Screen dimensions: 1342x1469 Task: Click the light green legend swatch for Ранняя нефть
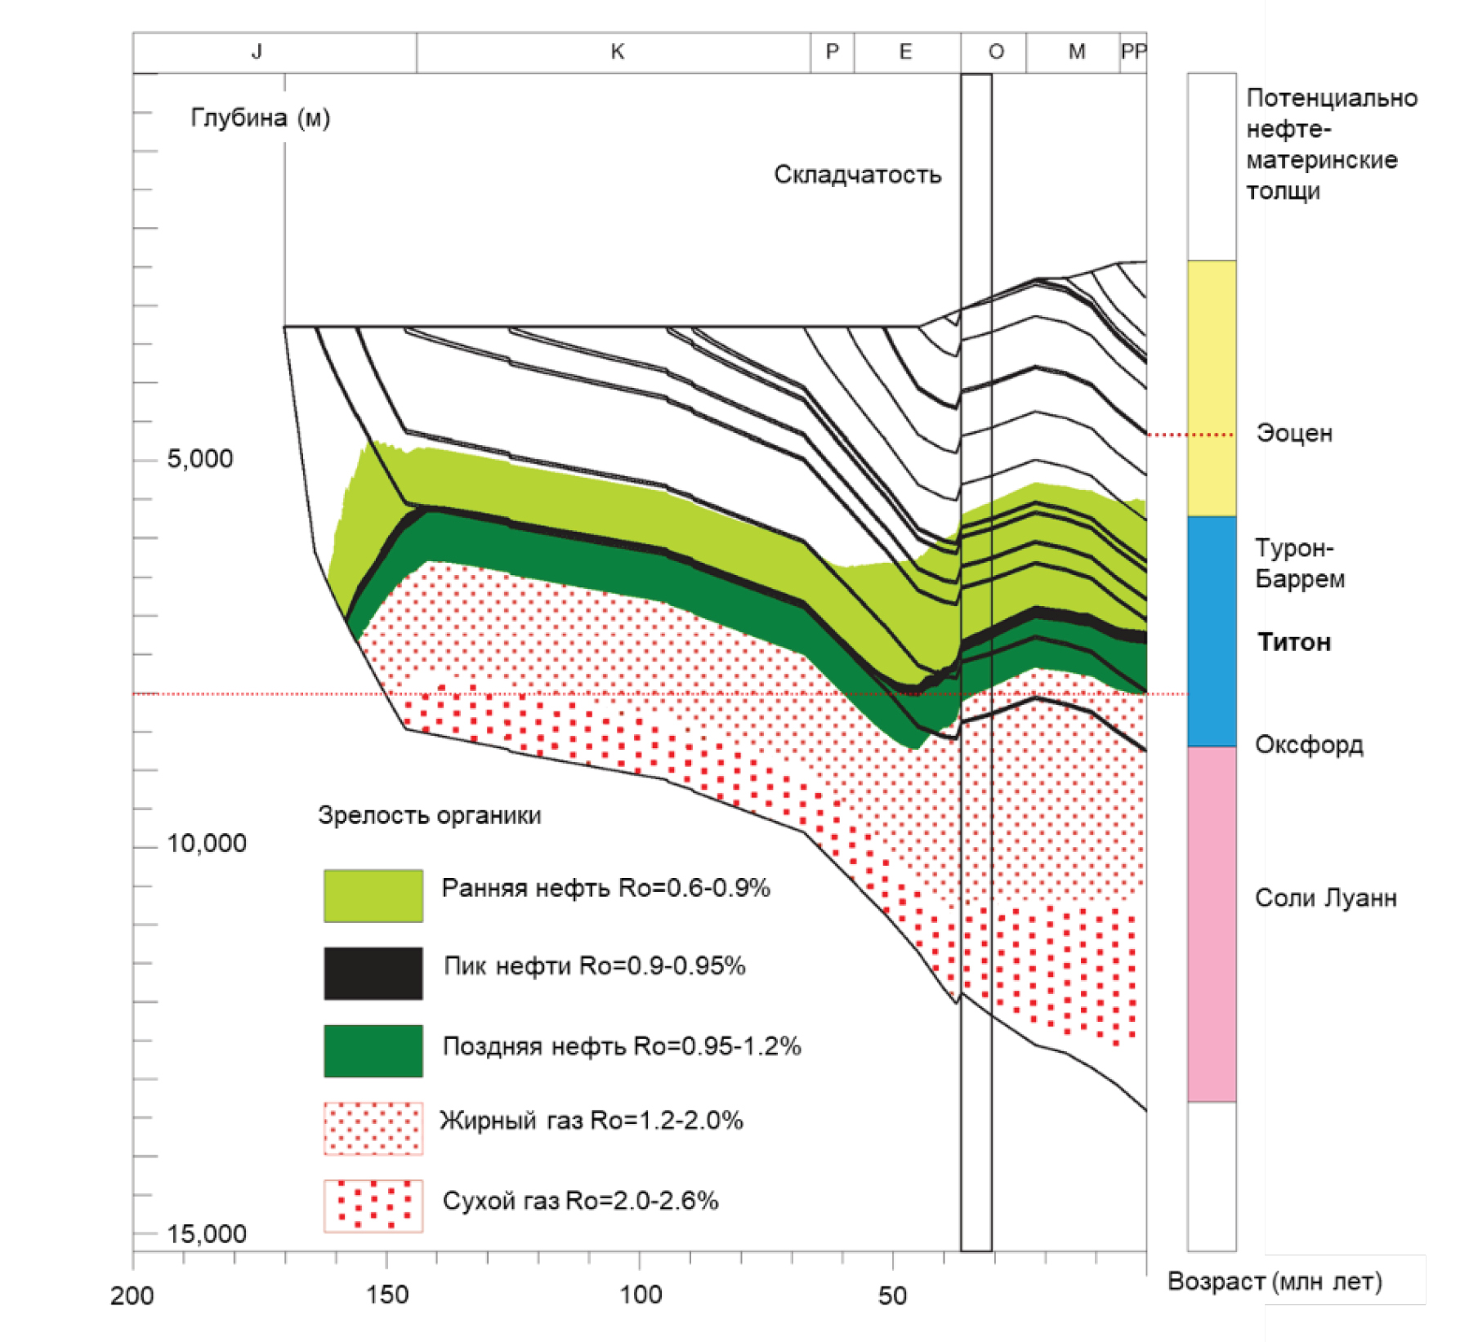(x=373, y=895)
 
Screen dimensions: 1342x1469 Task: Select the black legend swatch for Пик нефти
(x=373, y=973)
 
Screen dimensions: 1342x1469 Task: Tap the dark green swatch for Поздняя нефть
(x=373, y=1050)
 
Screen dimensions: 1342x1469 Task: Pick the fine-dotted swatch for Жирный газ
(x=373, y=1128)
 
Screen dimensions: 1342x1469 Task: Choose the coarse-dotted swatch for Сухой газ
(x=373, y=1205)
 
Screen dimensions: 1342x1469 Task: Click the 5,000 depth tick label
(x=199, y=459)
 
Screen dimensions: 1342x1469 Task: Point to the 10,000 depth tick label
(x=206, y=844)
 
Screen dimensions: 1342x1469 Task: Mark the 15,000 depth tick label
(x=206, y=1233)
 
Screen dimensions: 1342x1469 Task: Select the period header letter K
(x=617, y=52)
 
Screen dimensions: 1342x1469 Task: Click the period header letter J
(x=257, y=52)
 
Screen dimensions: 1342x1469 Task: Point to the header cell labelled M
(x=1076, y=52)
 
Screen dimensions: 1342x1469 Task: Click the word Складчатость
(x=857, y=175)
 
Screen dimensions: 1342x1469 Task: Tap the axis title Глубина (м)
(x=260, y=118)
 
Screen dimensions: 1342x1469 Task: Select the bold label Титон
(x=1293, y=642)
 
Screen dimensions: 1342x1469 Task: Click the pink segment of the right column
(x=1211, y=923)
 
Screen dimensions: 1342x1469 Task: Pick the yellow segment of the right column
(x=1211, y=388)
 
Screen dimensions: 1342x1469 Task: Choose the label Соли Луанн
(x=1325, y=898)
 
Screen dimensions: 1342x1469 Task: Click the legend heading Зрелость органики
(x=429, y=815)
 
